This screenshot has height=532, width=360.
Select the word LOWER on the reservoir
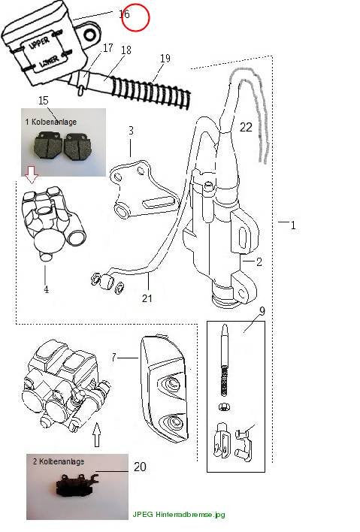(x=49, y=61)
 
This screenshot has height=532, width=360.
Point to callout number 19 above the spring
(x=165, y=59)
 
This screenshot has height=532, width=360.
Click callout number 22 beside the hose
(x=246, y=127)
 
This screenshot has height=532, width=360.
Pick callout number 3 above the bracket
(x=131, y=131)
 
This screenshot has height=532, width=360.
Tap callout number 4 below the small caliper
(x=46, y=289)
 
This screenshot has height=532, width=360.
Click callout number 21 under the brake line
(x=147, y=298)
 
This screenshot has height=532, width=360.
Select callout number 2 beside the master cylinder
(x=259, y=261)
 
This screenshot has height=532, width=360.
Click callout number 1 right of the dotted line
(x=293, y=225)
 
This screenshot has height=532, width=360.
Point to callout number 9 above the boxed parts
(x=262, y=311)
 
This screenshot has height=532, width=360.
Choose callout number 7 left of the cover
(x=114, y=357)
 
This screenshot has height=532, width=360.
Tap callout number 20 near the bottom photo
(x=140, y=467)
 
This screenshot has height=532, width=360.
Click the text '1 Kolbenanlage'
(x=51, y=122)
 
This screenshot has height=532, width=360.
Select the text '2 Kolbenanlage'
(x=59, y=461)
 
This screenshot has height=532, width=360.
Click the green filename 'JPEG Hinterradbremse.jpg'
(x=178, y=515)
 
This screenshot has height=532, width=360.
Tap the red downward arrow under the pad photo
(x=32, y=174)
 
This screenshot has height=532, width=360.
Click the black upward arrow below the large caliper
(x=97, y=434)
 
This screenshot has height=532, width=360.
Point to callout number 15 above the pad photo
(x=44, y=101)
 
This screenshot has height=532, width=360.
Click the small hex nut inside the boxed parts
(x=224, y=407)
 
